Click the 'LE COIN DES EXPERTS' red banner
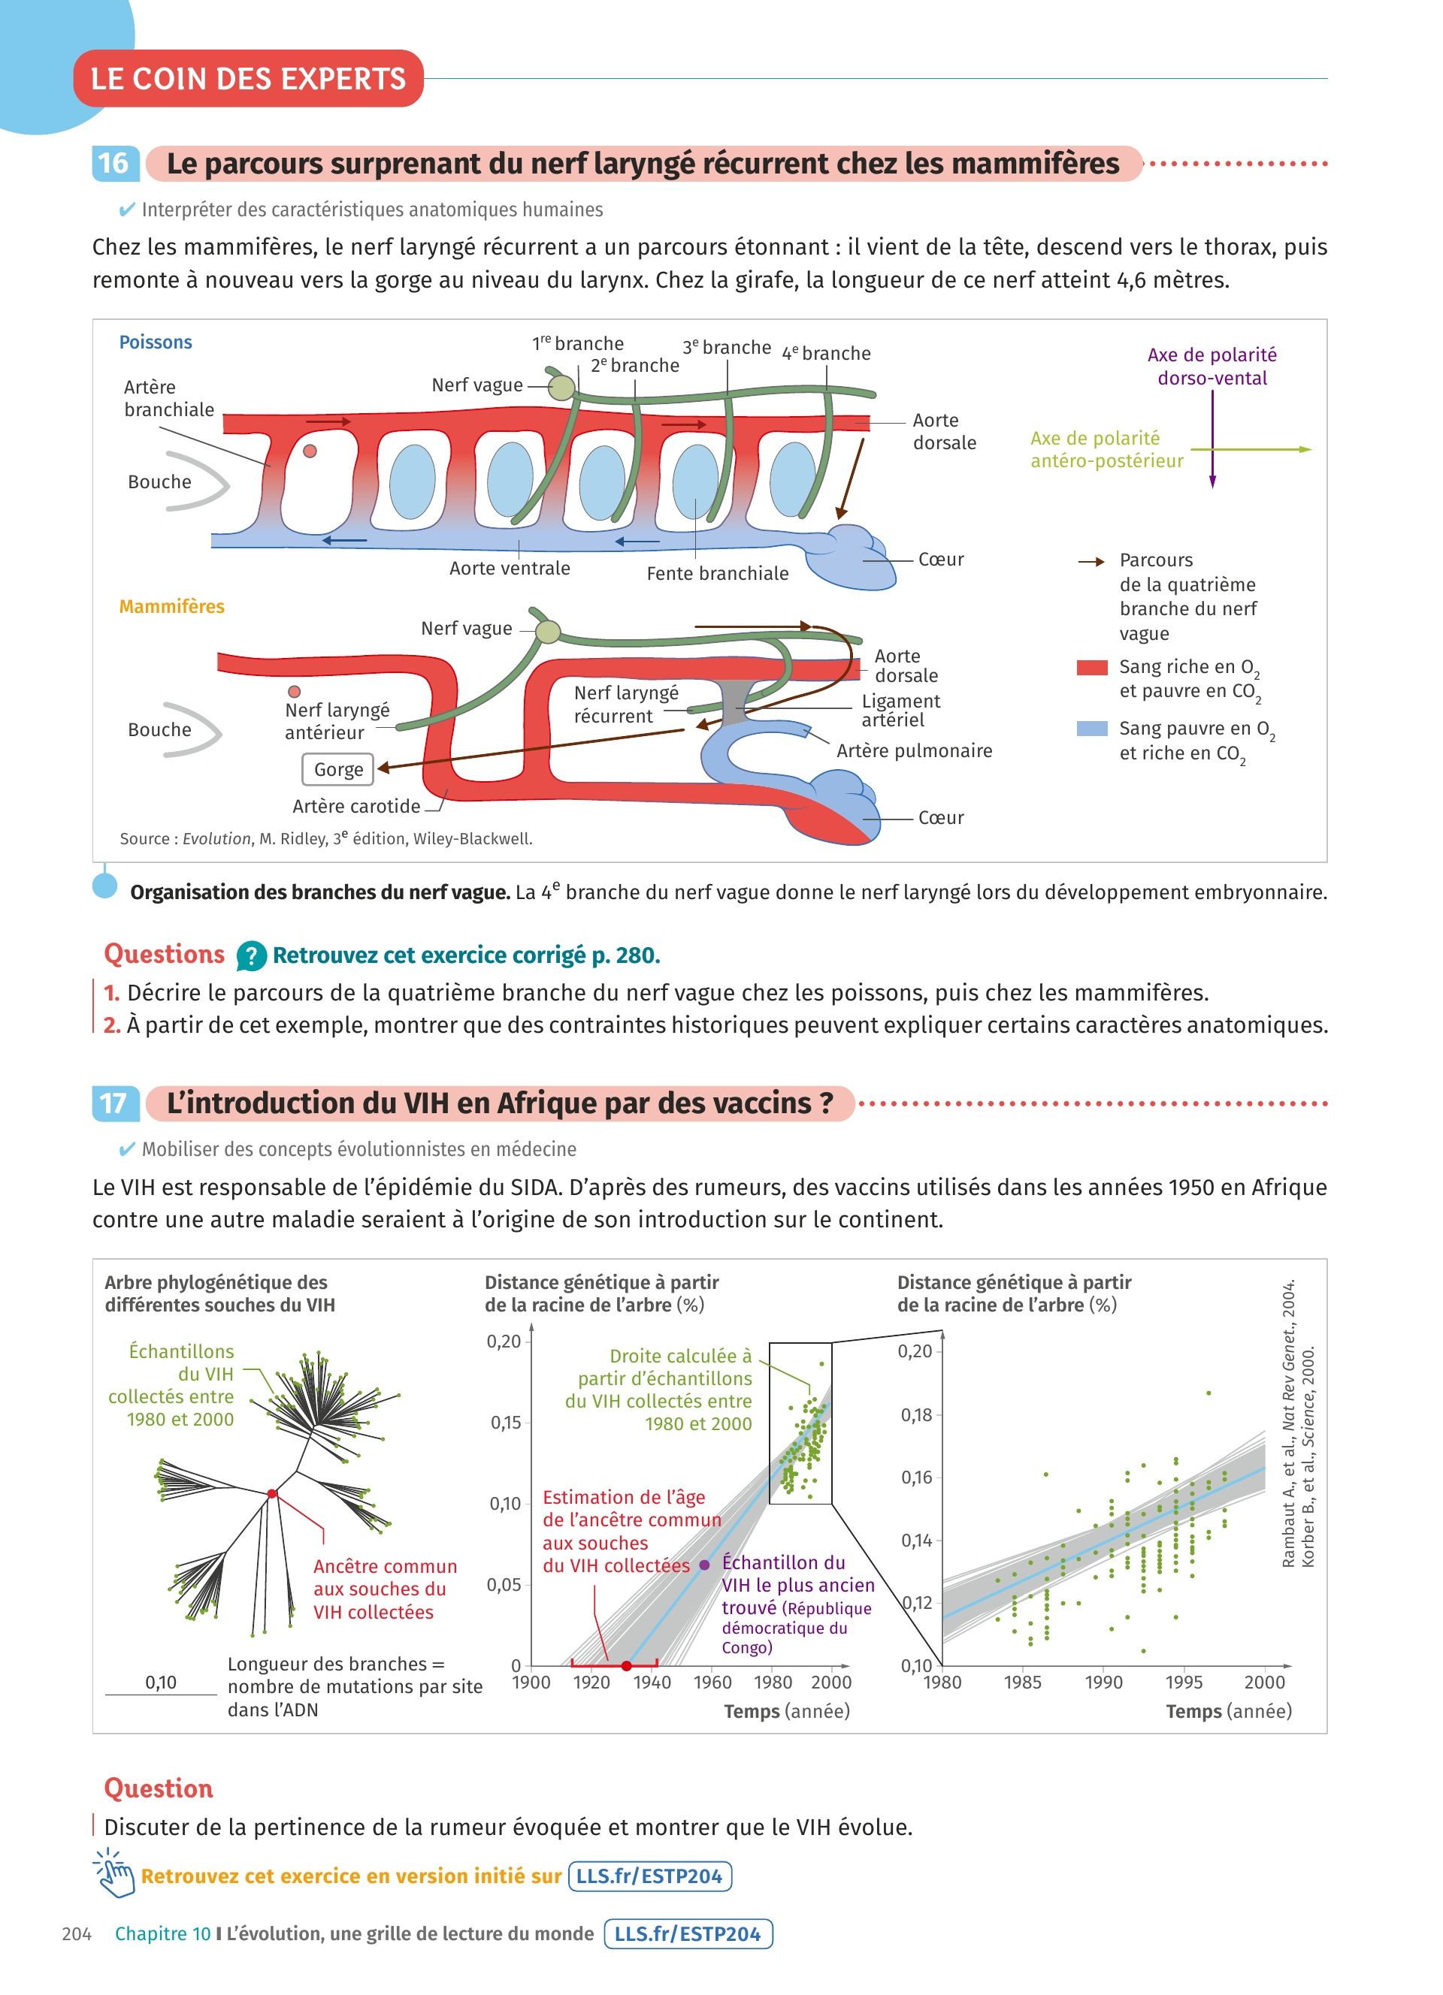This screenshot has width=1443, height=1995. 248,79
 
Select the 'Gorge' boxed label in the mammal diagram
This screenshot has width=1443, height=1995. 338,770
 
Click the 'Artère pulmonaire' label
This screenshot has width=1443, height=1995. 913,751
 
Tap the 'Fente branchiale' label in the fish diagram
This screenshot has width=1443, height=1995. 717,574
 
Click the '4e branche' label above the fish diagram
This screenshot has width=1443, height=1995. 826,354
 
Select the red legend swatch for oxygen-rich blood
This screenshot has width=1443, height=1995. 1091,668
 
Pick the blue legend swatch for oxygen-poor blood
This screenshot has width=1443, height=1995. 1091,729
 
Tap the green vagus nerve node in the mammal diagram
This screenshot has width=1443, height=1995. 547,632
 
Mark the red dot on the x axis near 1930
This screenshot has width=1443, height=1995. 625,1666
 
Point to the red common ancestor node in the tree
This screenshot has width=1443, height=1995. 272,1493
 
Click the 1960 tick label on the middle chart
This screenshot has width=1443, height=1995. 712,1683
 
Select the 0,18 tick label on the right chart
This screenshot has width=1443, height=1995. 915,1415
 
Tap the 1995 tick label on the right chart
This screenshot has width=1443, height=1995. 1184,1683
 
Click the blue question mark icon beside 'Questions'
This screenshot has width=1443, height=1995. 251,956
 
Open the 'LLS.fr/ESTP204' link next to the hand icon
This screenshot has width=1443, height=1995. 649,1876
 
